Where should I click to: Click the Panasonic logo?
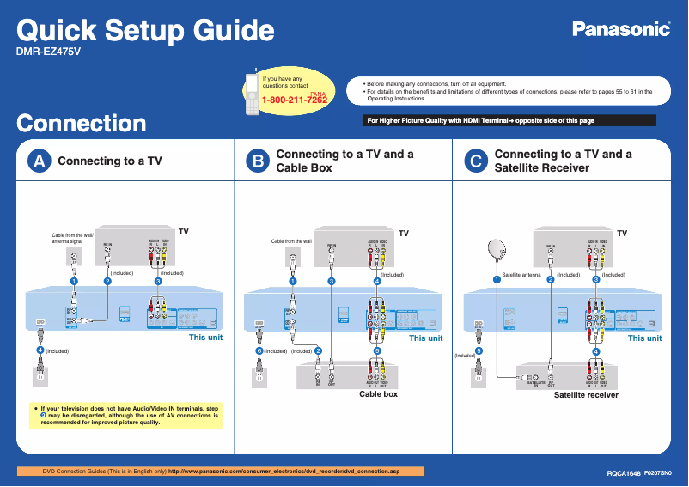(621, 30)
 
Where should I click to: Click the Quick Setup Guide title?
(146, 31)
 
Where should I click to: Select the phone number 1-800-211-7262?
(295, 100)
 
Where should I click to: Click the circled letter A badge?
(38, 161)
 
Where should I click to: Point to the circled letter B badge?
(256, 161)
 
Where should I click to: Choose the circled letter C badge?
(474, 161)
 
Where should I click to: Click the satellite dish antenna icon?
(497, 249)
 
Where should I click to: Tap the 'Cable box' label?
(378, 394)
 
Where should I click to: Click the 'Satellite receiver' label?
(585, 395)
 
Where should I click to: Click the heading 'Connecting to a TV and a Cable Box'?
(344, 161)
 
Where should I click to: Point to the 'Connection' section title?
(82, 123)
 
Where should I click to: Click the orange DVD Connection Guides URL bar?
(222, 471)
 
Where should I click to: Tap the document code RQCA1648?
(624, 473)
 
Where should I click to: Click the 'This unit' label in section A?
(205, 338)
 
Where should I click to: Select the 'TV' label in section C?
(622, 234)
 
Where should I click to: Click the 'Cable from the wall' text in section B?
(290, 241)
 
